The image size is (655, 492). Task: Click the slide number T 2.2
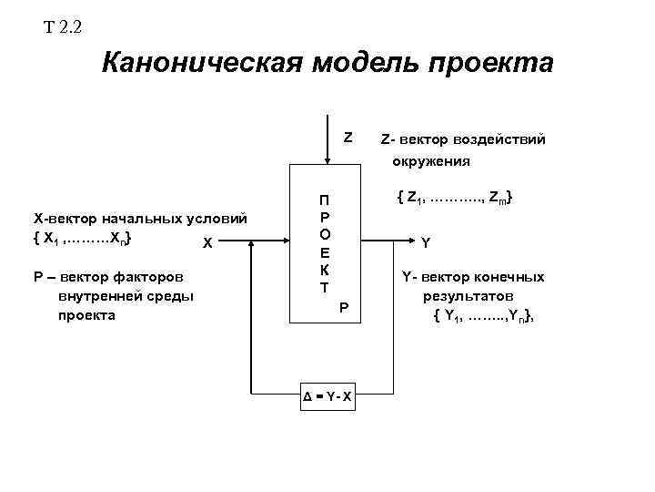pos(63,26)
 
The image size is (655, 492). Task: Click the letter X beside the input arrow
pos(207,243)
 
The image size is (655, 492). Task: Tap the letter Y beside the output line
pos(426,242)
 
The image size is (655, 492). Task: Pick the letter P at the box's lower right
pos(344,309)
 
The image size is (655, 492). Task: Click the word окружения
pos(431,162)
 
